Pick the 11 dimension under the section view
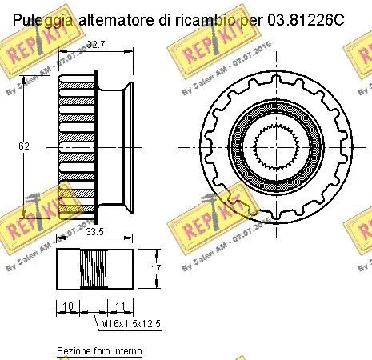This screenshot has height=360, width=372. click(x=118, y=306)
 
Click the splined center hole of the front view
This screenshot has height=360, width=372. click(x=278, y=146)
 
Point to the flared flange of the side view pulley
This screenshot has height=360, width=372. click(x=126, y=146)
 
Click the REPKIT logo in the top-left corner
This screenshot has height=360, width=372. click(x=26, y=54)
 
